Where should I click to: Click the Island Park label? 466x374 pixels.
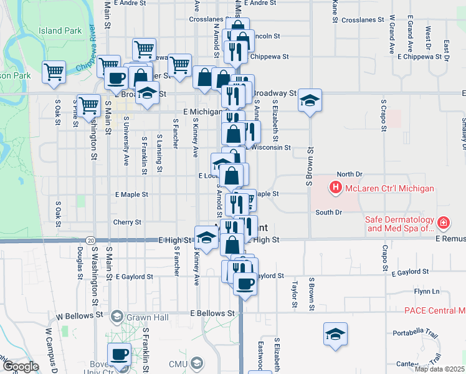click(60, 30)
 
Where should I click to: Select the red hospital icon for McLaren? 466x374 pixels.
click(336, 187)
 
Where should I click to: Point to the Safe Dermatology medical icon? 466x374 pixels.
click(443, 222)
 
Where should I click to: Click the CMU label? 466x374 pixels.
click(176, 363)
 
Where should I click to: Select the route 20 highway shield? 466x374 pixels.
click(91, 241)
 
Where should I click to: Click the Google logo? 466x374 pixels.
click(21, 367)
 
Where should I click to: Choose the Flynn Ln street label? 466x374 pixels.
click(427, 292)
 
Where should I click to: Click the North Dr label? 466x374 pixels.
click(349, 175)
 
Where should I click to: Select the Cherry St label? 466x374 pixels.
click(127, 222)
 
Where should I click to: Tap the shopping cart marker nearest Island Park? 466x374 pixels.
click(54, 71)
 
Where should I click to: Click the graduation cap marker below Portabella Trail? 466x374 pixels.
click(335, 333)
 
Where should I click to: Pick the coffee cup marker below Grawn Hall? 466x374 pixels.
click(119, 354)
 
